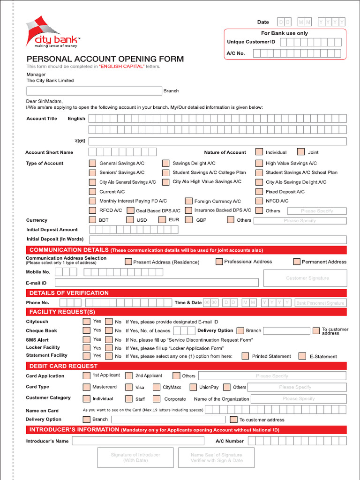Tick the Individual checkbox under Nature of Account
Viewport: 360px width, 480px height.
pyautogui.click(x=259, y=152)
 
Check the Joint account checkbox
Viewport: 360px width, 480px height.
pyautogui.click(x=301, y=152)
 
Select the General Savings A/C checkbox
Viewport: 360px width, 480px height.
pyautogui.click(x=92, y=163)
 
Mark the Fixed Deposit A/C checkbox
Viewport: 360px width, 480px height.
pyautogui.click(x=259, y=191)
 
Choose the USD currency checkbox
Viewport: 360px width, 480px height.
pyautogui.click(x=130, y=220)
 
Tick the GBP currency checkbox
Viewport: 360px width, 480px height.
pyautogui.click(x=189, y=220)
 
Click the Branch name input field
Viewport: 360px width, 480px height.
pyautogui.click(x=94, y=91)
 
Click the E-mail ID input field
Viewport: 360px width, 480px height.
pyautogui.click(x=157, y=283)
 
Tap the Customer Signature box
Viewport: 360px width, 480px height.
pyautogui.click(x=305, y=278)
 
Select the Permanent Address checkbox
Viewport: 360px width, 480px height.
pyautogui.click(x=297, y=262)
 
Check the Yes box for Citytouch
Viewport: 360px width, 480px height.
pyautogui.click(x=86, y=322)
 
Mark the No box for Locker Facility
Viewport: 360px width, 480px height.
pyautogui.click(x=109, y=348)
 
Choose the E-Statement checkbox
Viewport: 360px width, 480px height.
pyautogui.click(x=302, y=356)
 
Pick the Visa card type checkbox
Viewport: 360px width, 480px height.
pyautogui.click(x=129, y=387)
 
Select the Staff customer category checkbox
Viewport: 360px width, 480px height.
pyautogui.click(x=129, y=399)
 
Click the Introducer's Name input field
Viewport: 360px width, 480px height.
pyautogui.click(x=138, y=441)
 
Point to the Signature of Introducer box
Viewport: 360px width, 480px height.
pyautogui.click(x=135, y=457)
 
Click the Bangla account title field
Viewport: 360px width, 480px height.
pyautogui.click(x=217, y=141)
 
